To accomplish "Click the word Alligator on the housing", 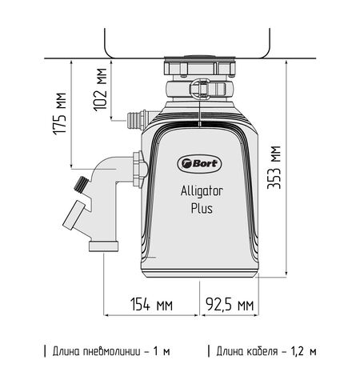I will coord(201,190).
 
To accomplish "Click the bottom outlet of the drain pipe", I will coord(102,244).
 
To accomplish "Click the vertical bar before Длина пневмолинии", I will coord(45,351).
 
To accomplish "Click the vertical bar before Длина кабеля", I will coord(209,351).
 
